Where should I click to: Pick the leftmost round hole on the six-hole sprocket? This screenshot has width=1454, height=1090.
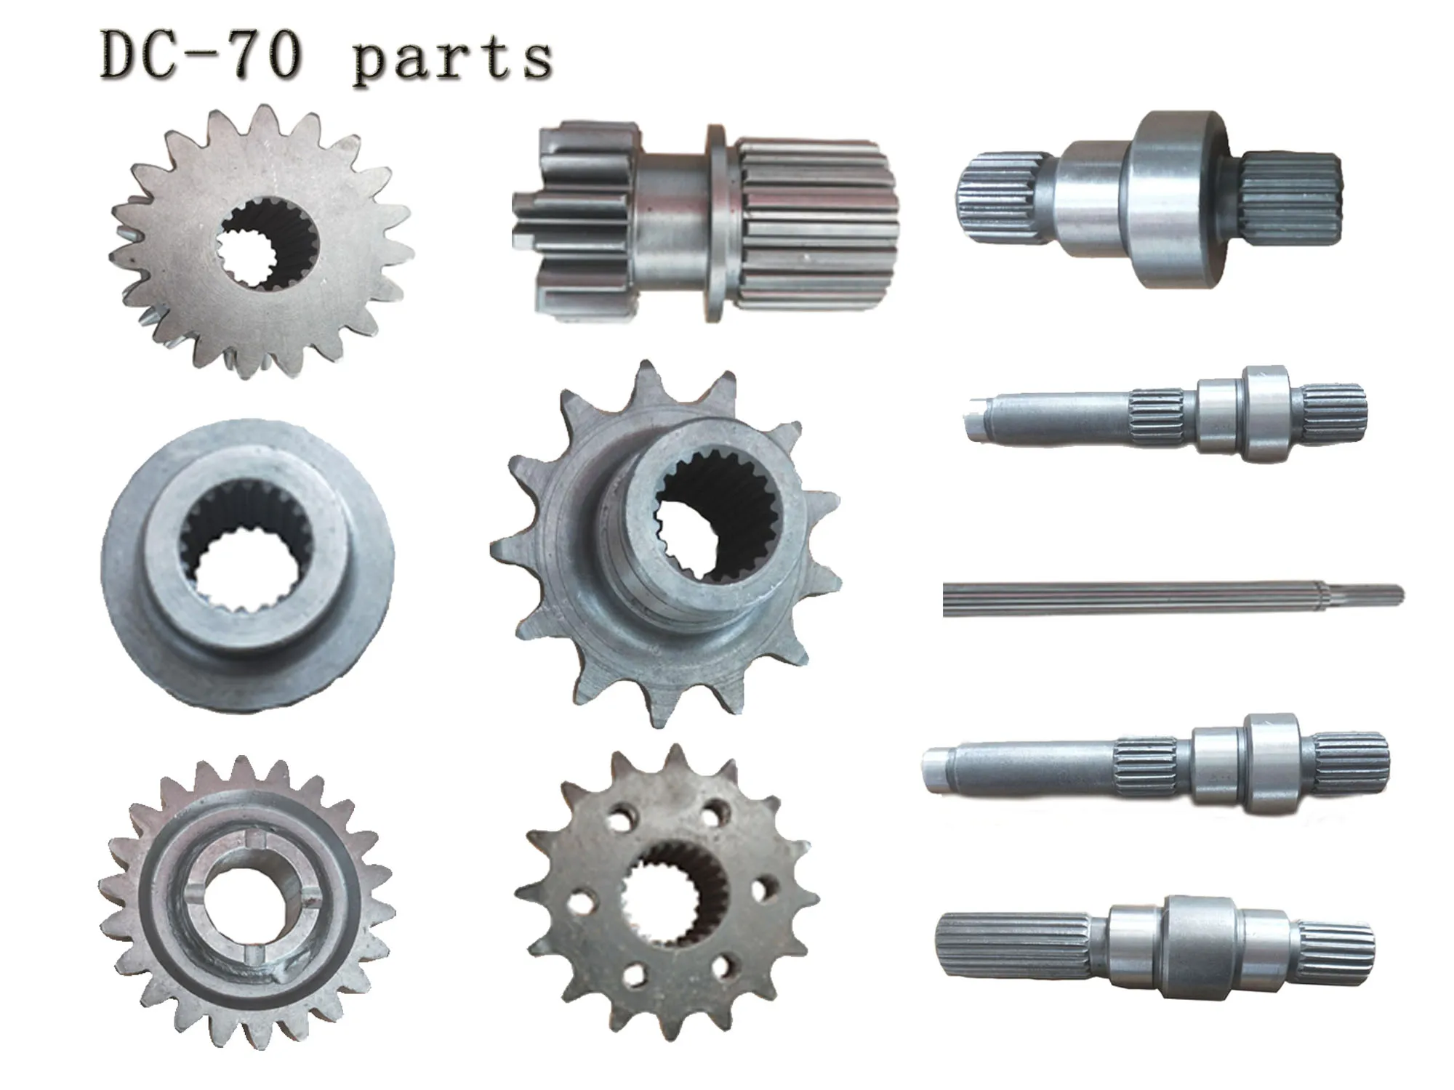click(x=578, y=904)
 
